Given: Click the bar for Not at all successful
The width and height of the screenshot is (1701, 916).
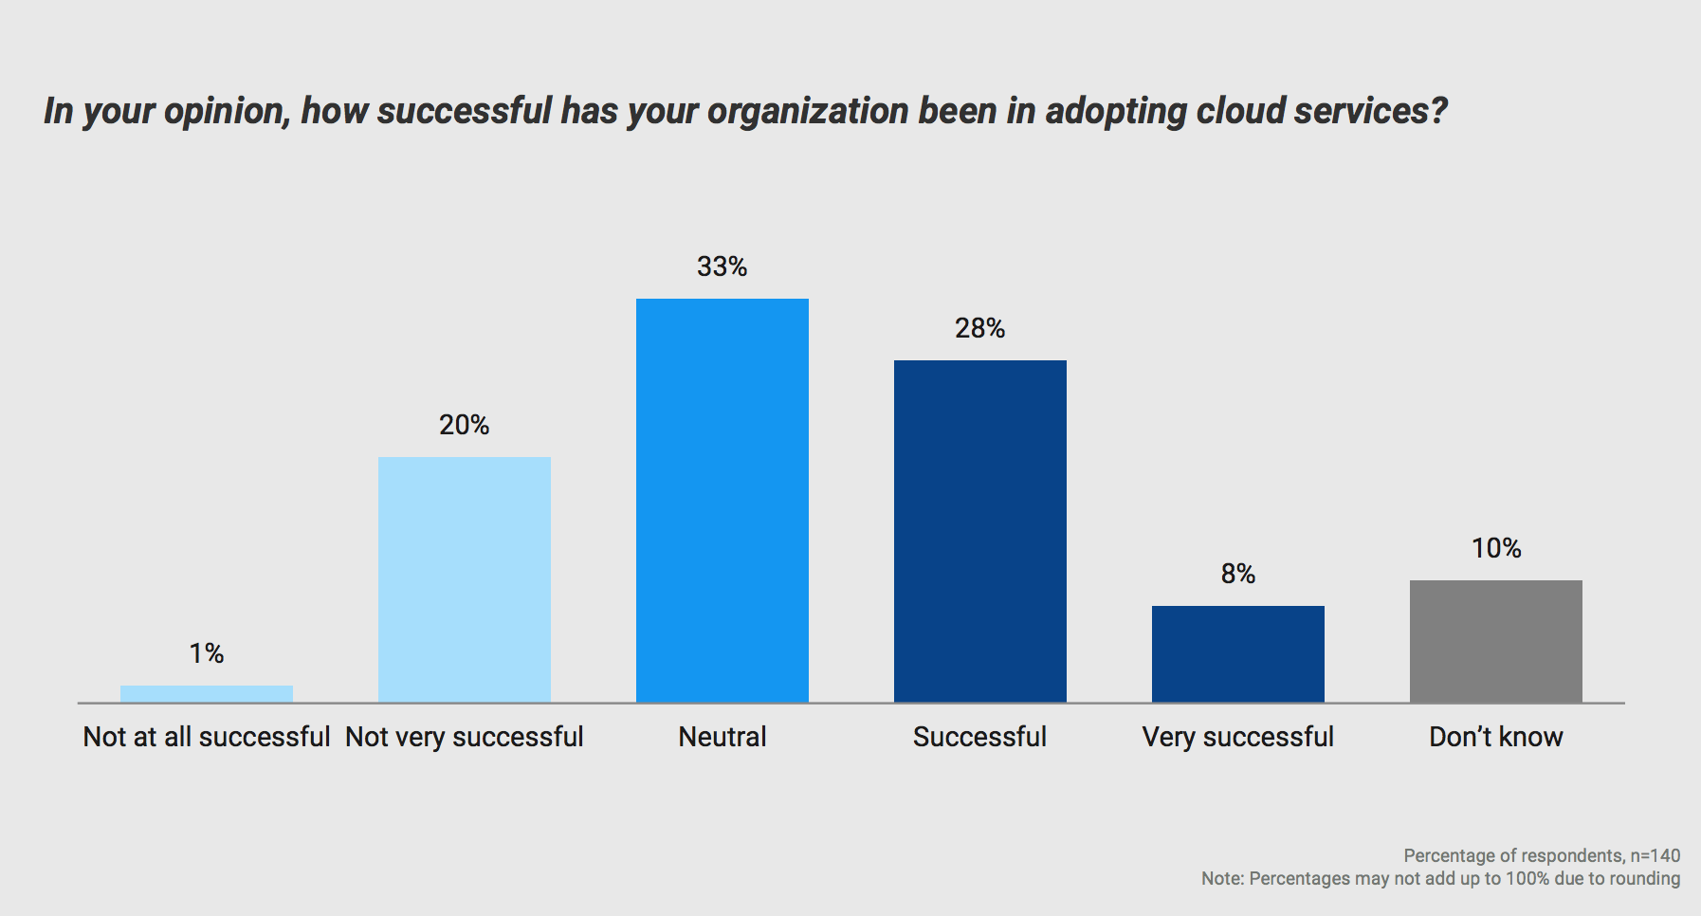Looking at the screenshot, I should click(x=207, y=694).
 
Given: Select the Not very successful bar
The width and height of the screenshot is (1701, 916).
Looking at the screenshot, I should click(x=465, y=579).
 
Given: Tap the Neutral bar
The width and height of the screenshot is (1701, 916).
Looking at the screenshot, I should click(x=722, y=501).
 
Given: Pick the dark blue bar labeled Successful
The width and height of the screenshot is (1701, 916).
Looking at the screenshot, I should click(x=980, y=531).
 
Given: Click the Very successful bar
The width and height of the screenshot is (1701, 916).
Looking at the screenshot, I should click(x=1238, y=654).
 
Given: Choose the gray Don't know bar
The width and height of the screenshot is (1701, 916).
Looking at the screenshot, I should click(x=1496, y=641).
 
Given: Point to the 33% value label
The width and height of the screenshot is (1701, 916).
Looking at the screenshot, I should click(x=722, y=267).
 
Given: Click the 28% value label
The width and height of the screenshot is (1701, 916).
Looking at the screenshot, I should click(x=980, y=329).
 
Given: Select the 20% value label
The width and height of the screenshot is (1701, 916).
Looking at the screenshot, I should click(x=465, y=425).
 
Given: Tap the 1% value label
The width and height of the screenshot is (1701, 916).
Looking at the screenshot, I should click(x=207, y=653).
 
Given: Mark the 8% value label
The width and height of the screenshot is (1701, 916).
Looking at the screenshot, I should click(x=1238, y=574).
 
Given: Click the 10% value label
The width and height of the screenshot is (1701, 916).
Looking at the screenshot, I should click(x=1496, y=548).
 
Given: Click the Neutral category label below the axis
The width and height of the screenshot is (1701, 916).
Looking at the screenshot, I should click(x=722, y=737).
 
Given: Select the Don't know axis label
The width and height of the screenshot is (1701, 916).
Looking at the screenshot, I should click(x=1496, y=737).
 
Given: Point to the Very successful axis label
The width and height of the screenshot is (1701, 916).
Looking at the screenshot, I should click(x=1238, y=737).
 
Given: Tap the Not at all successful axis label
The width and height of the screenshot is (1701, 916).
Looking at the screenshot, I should click(x=207, y=737).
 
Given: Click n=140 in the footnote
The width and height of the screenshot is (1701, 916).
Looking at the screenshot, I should click(x=1655, y=855).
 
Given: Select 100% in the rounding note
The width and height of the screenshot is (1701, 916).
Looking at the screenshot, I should click(x=1527, y=878).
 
